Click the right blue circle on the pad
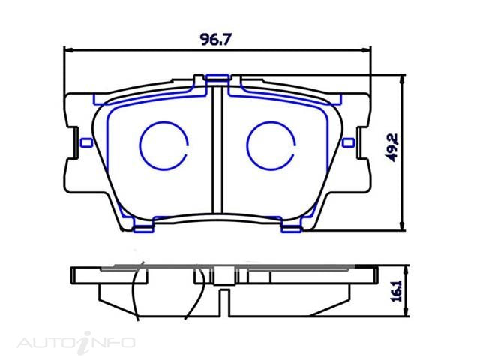pos(270,145)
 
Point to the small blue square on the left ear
pos(86,142)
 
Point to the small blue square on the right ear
pos(347,142)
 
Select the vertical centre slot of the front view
pos(217,150)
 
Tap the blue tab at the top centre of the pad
pos(217,77)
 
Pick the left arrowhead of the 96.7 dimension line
pos(67,51)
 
